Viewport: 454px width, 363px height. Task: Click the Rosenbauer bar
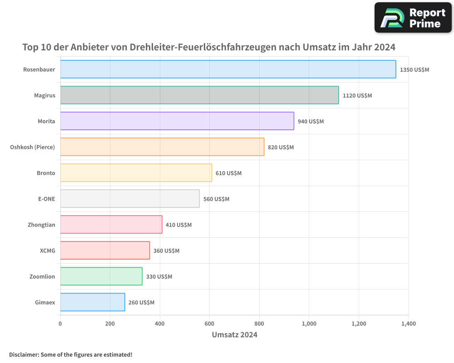coord(228,69)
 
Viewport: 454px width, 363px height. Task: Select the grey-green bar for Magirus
coord(199,95)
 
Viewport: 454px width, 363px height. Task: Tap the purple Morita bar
coord(177,121)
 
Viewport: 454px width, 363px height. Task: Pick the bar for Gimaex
coord(93,302)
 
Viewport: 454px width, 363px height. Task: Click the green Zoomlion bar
coord(101,276)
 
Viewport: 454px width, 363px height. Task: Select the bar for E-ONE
coord(130,199)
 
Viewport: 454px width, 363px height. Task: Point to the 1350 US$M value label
coord(414,70)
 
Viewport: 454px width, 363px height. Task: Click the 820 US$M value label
coord(281,147)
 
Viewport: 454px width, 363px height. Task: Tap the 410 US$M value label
coord(178,225)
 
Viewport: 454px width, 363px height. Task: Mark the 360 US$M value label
coord(166,251)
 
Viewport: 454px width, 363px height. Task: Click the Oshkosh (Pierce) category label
coord(32,147)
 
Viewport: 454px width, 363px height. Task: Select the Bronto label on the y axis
coord(46,173)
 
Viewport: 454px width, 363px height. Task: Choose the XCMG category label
coord(47,251)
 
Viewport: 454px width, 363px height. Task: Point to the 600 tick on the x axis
coord(209,324)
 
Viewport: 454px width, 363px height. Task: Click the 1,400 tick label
coord(408,324)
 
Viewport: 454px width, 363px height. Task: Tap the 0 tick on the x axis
coord(60,324)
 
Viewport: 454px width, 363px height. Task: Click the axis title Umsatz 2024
coord(234,335)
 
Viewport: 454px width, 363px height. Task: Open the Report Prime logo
coord(413,18)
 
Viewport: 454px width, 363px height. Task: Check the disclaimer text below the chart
coord(70,354)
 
